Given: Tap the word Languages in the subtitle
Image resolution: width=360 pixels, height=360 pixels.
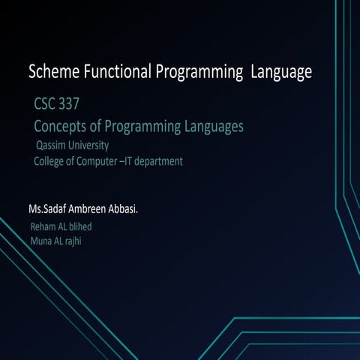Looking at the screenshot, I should [207, 127].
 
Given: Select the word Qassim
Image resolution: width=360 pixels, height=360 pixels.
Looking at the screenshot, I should [52, 145].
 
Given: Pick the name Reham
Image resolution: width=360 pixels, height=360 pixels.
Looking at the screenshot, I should [43, 226].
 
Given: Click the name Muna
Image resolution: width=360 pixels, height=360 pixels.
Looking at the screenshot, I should [41, 240].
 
